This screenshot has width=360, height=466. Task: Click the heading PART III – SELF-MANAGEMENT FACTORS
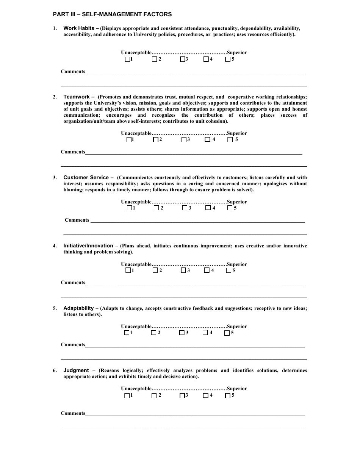(x=112, y=14)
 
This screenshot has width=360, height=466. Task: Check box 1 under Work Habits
(x=127, y=59)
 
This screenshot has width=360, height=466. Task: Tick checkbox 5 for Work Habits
(x=227, y=59)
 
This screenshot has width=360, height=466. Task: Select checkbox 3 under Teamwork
(x=184, y=139)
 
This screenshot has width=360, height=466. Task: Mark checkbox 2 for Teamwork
(x=156, y=139)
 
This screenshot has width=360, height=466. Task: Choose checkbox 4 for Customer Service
(x=208, y=208)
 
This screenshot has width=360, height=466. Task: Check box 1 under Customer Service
(x=129, y=208)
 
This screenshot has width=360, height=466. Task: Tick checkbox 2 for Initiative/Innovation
(x=155, y=270)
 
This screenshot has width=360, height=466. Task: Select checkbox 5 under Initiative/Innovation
(x=229, y=270)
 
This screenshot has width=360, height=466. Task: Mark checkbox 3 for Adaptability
(x=182, y=333)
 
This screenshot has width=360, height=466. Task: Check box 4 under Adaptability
(x=205, y=333)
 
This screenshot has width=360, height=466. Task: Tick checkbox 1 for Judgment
(x=127, y=396)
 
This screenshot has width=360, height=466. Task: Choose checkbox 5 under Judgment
(x=227, y=396)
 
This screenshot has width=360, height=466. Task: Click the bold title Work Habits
(x=79, y=28)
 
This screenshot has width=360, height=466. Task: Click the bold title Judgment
(x=76, y=370)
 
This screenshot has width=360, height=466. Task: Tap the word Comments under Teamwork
(x=73, y=152)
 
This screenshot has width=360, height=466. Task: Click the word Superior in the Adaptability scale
(x=237, y=327)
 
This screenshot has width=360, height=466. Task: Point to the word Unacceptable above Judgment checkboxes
(x=136, y=389)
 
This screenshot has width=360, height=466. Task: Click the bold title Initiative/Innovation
(x=88, y=246)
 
